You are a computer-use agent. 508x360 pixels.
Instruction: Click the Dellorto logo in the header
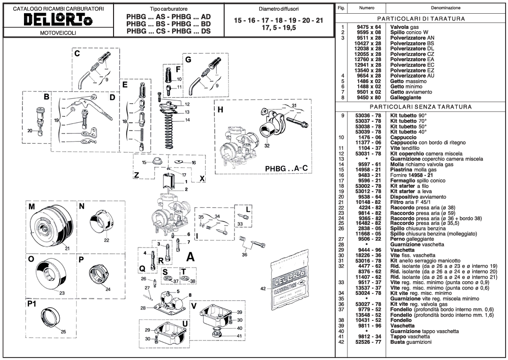click(58, 20)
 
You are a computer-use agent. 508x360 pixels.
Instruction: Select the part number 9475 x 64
click(369, 27)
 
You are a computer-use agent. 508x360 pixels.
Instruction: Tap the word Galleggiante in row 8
click(406, 97)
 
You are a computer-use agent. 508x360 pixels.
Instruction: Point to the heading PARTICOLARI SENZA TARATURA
click(421, 107)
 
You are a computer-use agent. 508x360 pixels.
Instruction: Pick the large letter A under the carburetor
click(190, 257)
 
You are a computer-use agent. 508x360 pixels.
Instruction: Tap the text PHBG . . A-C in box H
click(286, 169)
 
